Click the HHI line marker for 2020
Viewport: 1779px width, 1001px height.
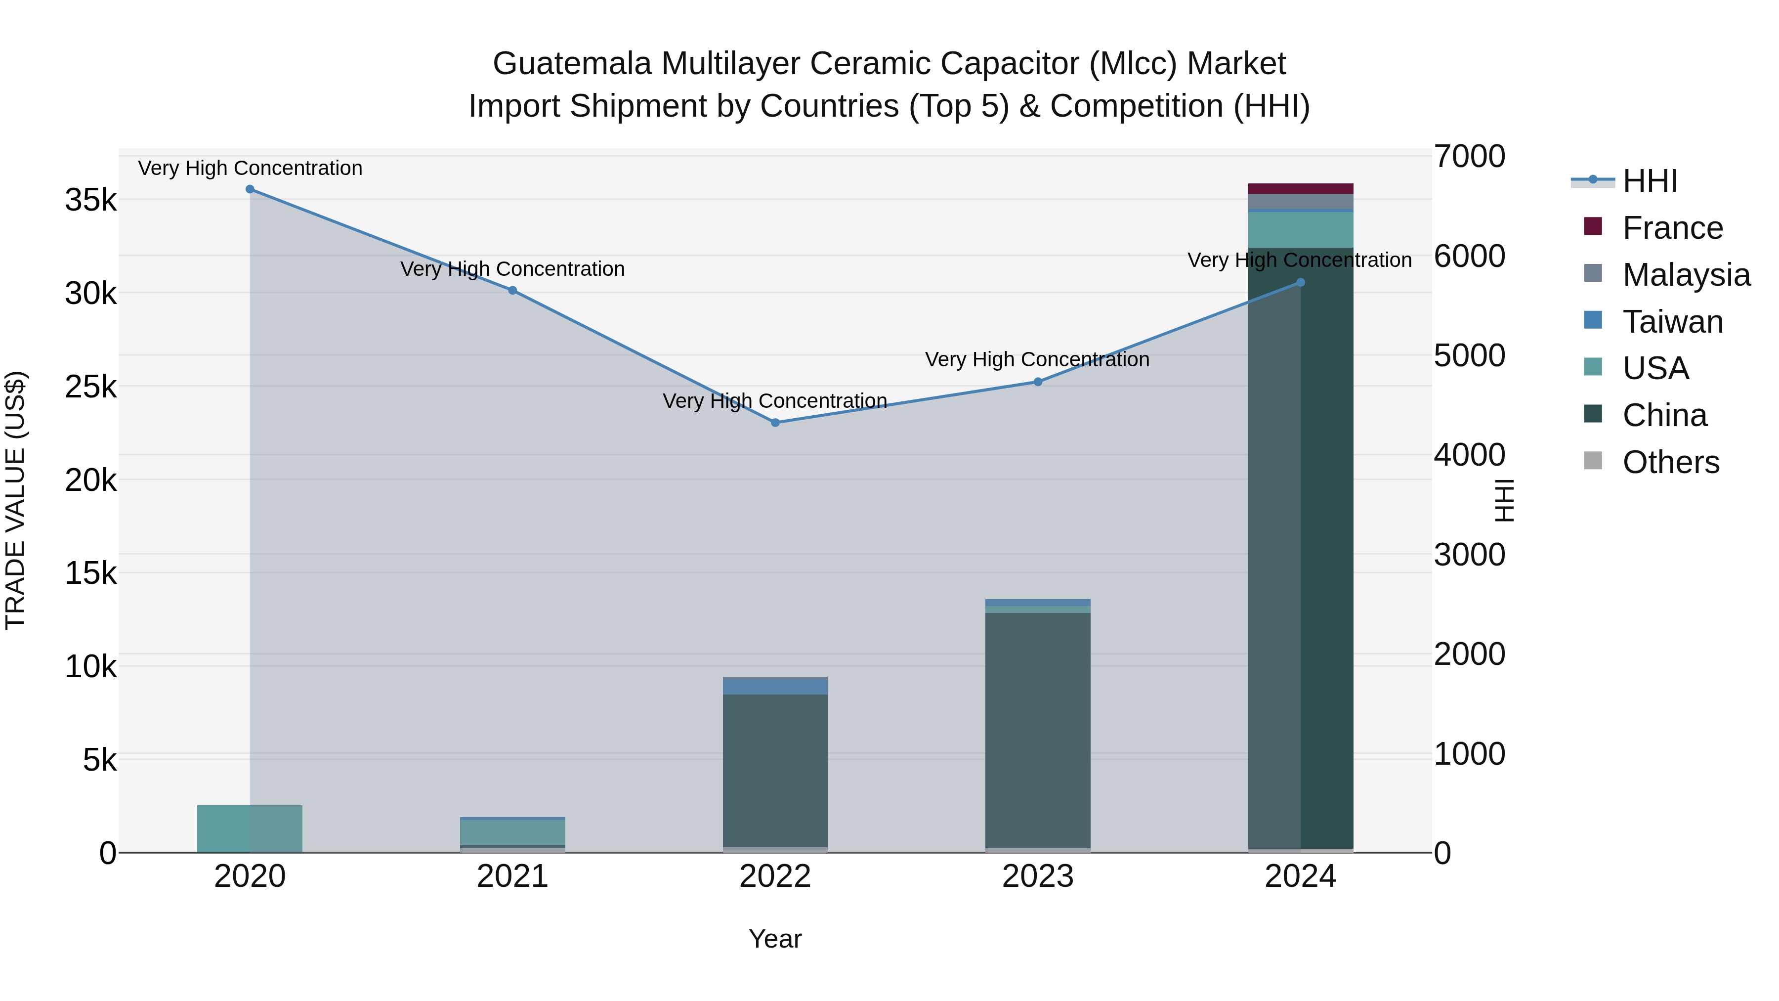point(250,189)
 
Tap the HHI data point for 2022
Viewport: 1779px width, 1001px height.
point(775,423)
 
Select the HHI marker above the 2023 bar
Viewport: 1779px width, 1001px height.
point(1037,382)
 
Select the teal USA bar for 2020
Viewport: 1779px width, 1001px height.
point(250,828)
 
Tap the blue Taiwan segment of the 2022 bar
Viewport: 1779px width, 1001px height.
point(775,687)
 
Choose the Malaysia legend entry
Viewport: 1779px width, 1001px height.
point(1685,275)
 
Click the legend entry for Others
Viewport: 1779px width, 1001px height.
point(1670,462)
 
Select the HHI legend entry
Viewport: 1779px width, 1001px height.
point(1649,181)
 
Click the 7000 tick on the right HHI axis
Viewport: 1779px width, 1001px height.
point(1469,157)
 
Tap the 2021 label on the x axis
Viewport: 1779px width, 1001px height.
point(512,876)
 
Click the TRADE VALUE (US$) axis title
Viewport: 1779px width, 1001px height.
point(16,500)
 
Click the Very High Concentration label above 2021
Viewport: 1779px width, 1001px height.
point(512,269)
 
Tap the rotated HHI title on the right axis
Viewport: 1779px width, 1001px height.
point(1503,500)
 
